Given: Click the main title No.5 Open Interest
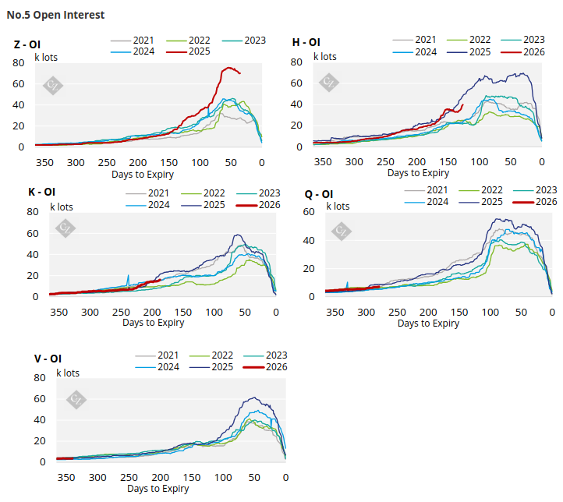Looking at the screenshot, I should [x=55, y=15].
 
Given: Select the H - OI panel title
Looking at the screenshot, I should [x=306, y=42].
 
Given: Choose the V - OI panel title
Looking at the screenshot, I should [x=48, y=359].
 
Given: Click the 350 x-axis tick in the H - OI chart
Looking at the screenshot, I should [x=324, y=162].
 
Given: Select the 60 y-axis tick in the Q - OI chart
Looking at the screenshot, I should [x=309, y=212].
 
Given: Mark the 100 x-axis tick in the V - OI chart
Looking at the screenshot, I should [x=223, y=478].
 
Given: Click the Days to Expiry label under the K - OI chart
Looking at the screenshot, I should [x=153, y=323].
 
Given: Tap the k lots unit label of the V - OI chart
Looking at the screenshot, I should [x=67, y=373].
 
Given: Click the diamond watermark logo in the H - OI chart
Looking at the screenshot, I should [x=330, y=82].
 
